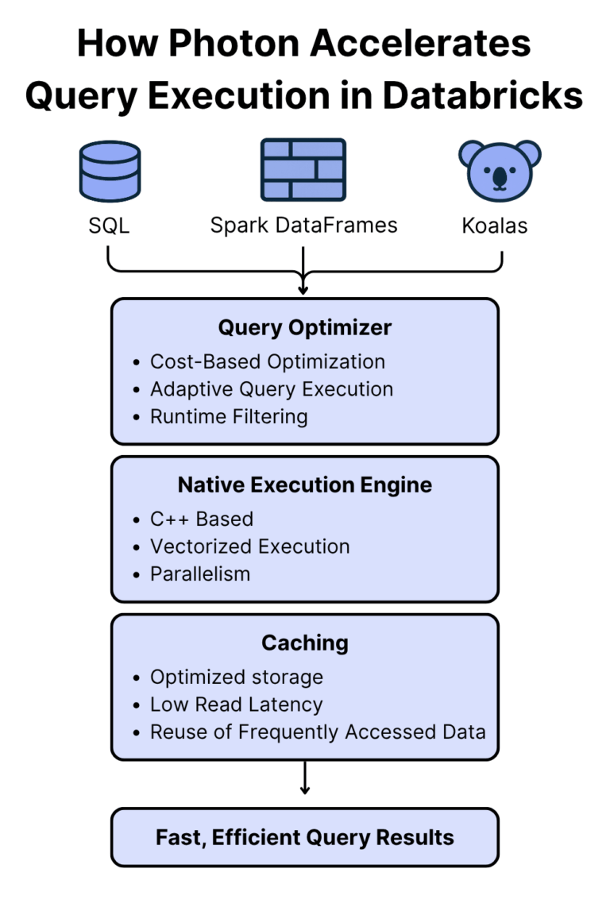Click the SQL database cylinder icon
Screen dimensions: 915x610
[110, 170]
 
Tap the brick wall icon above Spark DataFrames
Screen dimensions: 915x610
[303, 170]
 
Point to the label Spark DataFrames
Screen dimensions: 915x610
[303, 226]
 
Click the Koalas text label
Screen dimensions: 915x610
[494, 226]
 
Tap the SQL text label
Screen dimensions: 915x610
[110, 226]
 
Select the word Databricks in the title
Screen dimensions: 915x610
[483, 95]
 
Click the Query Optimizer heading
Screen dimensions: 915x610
[305, 328]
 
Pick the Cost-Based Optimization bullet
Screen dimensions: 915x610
[267, 361]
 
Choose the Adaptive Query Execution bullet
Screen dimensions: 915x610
[271, 389]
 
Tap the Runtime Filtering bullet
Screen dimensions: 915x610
[229, 416]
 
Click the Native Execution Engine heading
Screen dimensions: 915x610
[305, 485]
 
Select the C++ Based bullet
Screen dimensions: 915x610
[202, 519]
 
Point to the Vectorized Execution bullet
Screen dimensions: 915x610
[249, 546]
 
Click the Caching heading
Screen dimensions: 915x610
[305, 643]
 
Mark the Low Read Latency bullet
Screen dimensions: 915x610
[236, 705]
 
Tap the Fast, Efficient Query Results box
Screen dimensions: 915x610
[305, 837]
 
